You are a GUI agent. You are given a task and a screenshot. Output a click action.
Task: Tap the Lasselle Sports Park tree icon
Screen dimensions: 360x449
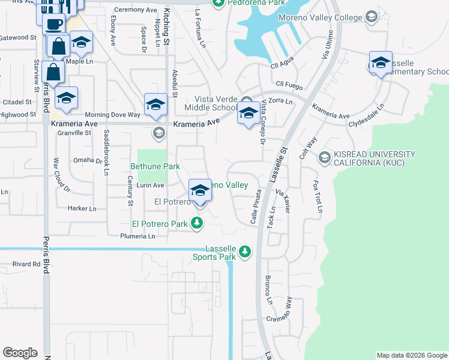(x=244, y=252)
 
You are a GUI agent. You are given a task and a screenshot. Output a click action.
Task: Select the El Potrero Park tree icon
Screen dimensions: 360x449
(x=197, y=224)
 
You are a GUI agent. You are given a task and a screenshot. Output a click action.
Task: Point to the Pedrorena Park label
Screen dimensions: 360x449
(x=253, y=3)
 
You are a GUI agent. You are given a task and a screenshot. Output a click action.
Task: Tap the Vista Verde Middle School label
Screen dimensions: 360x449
(x=214, y=104)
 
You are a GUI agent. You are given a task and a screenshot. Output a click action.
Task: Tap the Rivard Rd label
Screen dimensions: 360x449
(x=26, y=263)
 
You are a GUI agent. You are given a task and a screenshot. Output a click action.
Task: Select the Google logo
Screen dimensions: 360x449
(x=20, y=352)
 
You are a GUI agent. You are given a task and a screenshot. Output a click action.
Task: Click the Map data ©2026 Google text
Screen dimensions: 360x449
(x=411, y=355)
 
